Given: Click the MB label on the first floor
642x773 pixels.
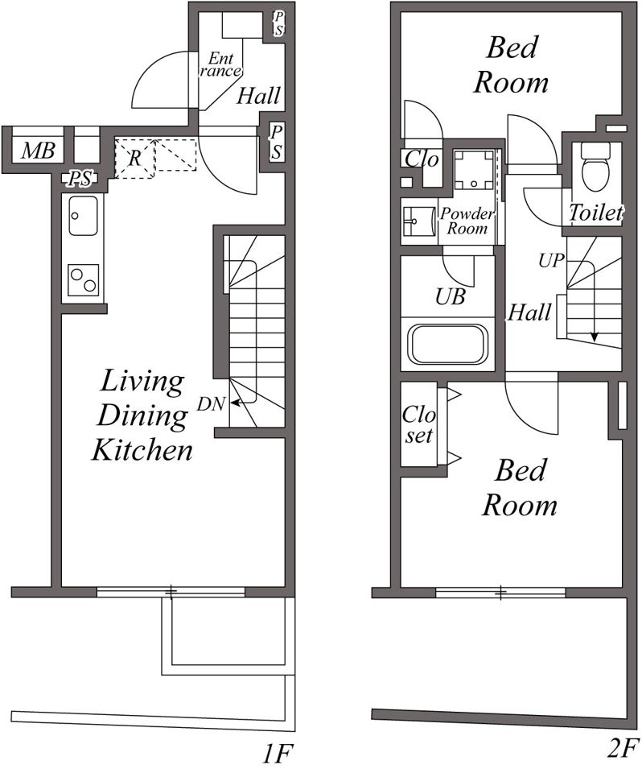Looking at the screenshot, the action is pos(38,150).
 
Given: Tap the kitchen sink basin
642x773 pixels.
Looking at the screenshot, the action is pos(83,216).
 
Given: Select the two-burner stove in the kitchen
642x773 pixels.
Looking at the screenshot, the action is pos(83,280).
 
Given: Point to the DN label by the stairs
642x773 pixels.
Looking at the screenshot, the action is pos(212,404).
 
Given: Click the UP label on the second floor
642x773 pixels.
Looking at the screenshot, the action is pos(551,260).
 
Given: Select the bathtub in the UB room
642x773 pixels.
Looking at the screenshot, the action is pos(447,344).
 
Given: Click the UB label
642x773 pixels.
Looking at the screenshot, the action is pos(451,296).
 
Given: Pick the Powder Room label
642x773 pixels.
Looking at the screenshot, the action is pos(467,221).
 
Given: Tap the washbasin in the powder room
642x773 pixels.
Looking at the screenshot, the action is pos(418,221).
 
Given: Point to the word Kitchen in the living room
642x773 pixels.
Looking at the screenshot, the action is pos(142,450).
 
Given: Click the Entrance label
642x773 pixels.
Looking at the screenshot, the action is pos(220,64).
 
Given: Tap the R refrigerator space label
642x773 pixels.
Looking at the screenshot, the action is pos(134,158).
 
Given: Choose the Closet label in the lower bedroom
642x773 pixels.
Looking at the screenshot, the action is pos(419,424).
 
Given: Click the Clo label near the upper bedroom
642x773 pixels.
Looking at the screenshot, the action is pos(422,159).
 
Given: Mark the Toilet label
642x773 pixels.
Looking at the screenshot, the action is pos(595,213).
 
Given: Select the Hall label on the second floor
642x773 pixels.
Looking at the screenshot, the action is pos(529,312).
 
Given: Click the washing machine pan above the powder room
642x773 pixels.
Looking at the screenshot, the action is pos(473,169).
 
